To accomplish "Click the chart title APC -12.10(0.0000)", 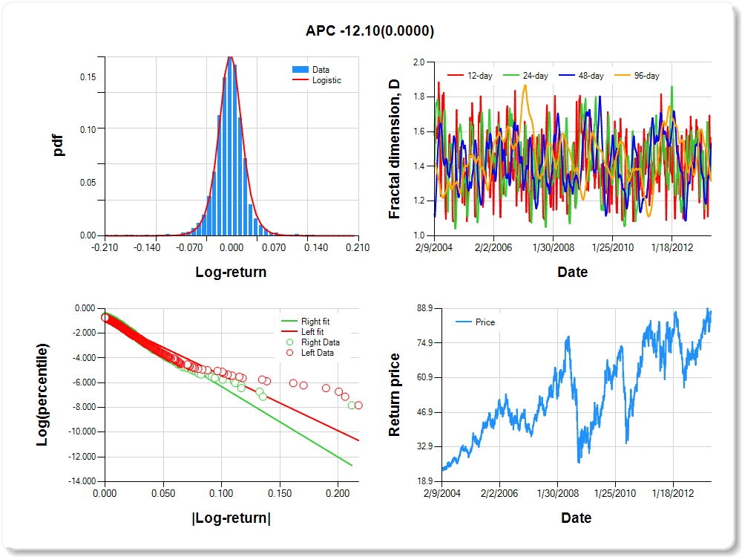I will tap(370, 30).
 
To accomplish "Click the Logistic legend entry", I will tap(326, 80).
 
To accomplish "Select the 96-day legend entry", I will tap(647, 76).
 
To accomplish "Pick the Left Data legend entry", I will tap(318, 353).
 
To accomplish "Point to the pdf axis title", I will tap(59, 145).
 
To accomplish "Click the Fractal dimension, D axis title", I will tap(395, 149).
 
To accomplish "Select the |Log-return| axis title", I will tap(231, 518).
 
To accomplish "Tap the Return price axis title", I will tap(395, 394).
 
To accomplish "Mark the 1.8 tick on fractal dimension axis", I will tap(418, 97).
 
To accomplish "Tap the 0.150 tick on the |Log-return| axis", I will tap(279, 492).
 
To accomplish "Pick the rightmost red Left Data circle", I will tap(358, 405).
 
